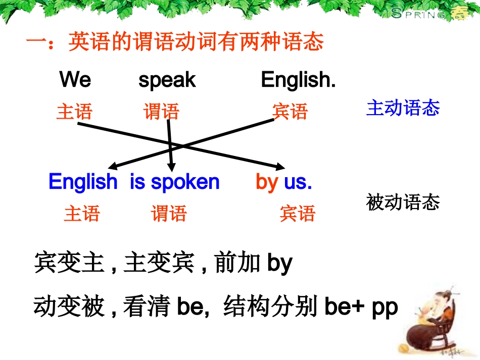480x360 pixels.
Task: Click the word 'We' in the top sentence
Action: coord(75,80)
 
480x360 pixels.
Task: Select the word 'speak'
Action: coord(167,80)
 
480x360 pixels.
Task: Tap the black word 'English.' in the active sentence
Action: coord(298,80)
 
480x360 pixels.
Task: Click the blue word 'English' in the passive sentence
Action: coord(83,182)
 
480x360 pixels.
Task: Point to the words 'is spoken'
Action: coord(175,182)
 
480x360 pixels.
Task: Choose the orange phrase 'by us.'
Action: coord(284,182)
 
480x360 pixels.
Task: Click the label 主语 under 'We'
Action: coord(74,112)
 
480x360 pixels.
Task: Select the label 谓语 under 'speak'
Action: coord(161,112)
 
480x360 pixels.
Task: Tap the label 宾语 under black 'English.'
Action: coord(290,112)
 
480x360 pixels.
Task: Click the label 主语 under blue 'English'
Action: coord(82,214)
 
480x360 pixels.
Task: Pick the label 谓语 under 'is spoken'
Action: coord(169,214)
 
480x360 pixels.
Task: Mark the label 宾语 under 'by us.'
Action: coord(297,214)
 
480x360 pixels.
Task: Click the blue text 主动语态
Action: coord(403,108)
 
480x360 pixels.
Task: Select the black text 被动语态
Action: coord(403,202)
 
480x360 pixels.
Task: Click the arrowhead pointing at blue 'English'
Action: coord(112,167)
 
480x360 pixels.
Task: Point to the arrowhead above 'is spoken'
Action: coord(172,168)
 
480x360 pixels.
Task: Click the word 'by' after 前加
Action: coord(279,264)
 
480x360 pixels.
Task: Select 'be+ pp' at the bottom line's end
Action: coord(361,307)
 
